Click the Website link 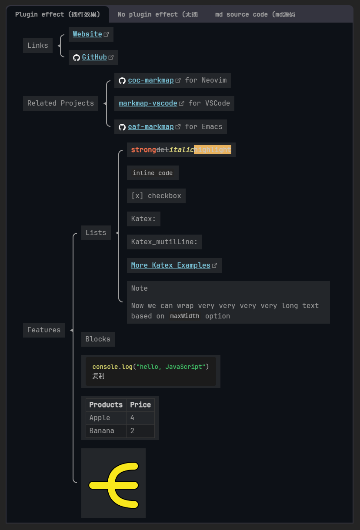pos(87,34)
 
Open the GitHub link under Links pos(94,57)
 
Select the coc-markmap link pos(150,80)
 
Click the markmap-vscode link pos(148,103)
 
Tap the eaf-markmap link pos(150,127)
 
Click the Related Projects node pos(60,103)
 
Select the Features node pos(44,330)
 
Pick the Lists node pos(96,233)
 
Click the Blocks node pos(98,339)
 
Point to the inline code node pos(153,173)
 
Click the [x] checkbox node pos(156,196)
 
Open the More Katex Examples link pos(170,265)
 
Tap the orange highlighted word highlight pos(213,150)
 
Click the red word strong pos(143,150)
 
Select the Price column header pos(140,405)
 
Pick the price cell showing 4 pos(133,418)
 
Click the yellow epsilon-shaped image pos(113,484)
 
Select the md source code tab pos(255,14)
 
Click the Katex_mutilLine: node pos(164,242)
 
